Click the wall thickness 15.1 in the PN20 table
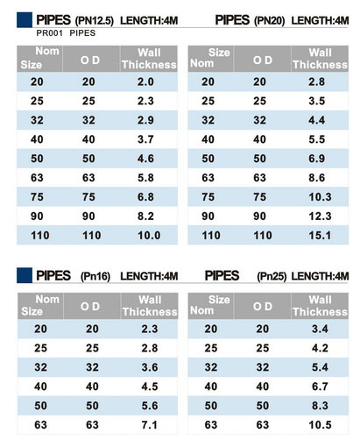320,235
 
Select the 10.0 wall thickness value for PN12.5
149,235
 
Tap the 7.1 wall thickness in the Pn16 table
150,425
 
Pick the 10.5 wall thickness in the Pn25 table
320,425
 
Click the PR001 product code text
49,33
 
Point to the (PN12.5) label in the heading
95,21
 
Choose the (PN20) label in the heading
269,21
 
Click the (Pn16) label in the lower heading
95,276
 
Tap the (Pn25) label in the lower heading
272,276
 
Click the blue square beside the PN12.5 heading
25,20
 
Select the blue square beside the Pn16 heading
25,275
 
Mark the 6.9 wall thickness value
317,159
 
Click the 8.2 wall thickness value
145,216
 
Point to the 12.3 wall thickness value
320,216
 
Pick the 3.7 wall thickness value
145,139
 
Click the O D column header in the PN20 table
263,60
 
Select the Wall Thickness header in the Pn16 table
150,306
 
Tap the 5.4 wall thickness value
320,367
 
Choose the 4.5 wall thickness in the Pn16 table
150,387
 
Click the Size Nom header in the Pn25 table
210,305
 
